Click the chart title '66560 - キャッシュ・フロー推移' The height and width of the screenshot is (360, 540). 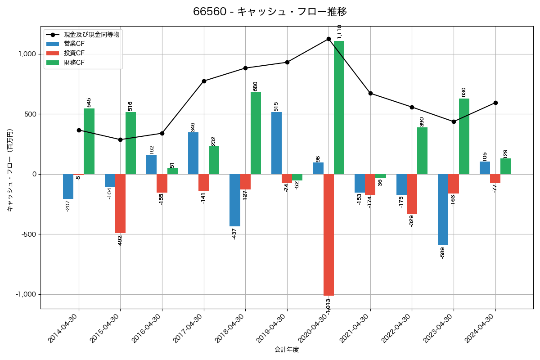coord(270,12)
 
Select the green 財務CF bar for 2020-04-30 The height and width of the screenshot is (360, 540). coord(339,108)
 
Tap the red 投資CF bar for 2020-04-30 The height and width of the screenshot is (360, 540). coord(328,234)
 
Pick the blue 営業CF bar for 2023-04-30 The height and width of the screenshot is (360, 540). coord(443,209)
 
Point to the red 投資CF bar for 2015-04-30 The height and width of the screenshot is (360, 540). coord(120,203)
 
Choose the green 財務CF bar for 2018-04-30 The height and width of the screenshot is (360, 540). coord(256,133)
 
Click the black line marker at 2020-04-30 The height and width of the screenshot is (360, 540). coord(328,39)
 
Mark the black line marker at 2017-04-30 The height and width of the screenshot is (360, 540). coord(204,81)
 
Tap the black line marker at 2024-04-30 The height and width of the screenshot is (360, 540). coord(495,103)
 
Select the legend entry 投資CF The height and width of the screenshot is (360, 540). coord(74,53)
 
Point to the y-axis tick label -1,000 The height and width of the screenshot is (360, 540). coord(27,294)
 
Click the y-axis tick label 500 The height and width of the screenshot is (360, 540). coord(31,114)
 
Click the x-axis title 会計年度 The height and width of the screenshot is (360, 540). coord(287,350)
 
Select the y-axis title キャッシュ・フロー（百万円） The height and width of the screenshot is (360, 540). coord(10,170)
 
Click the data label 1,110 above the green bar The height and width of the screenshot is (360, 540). coord(339,32)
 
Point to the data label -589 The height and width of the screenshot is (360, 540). coord(442,252)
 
